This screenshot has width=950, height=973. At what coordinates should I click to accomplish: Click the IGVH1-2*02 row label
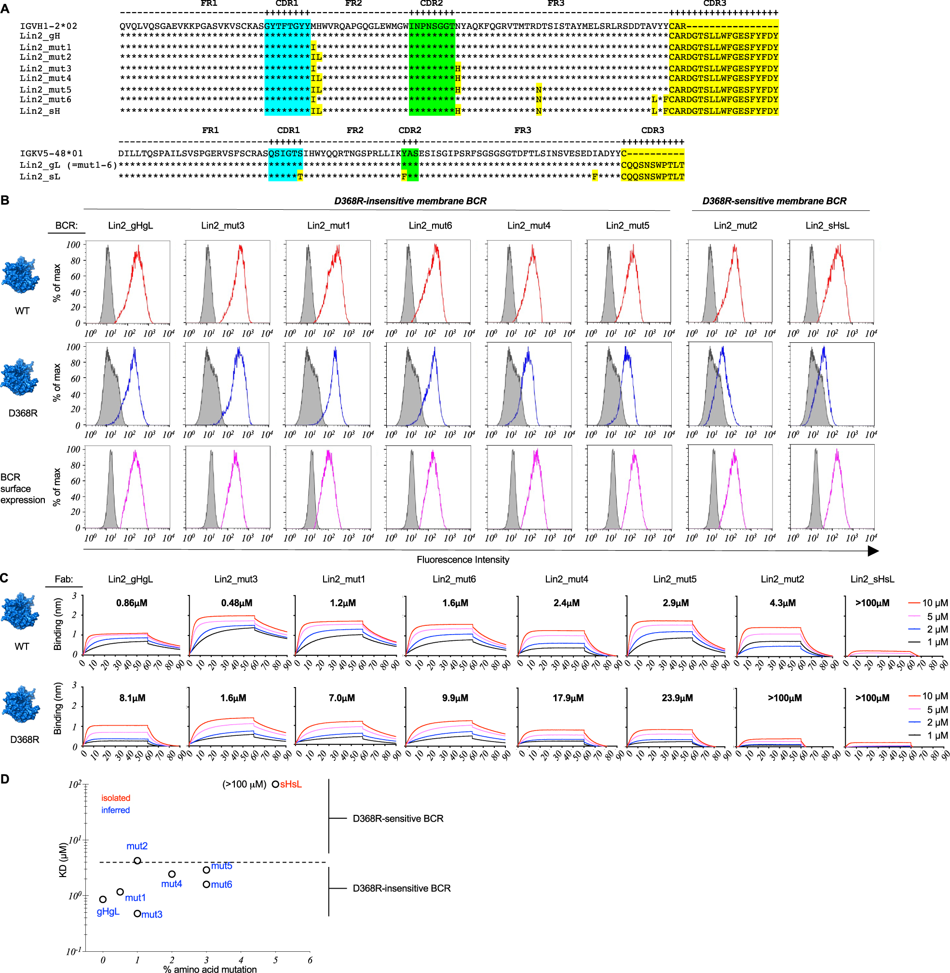(x=48, y=26)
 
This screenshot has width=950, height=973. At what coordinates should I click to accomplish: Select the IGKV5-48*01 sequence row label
(x=51, y=153)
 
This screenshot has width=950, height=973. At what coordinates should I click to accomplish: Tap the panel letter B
(x=5, y=200)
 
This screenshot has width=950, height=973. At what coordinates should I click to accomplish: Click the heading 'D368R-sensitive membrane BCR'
(x=774, y=201)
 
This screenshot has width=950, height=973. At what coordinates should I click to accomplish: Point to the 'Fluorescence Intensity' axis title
(x=462, y=560)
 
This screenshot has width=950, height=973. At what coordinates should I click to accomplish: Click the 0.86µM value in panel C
(x=132, y=603)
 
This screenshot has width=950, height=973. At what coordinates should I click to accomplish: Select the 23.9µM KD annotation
(x=677, y=698)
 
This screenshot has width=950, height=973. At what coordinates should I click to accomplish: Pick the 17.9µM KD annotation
(x=568, y=698)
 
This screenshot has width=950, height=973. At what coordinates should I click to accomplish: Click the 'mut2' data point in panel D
(x=137, y=861)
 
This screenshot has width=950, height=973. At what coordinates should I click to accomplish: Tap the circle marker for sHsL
(x=275, y=784)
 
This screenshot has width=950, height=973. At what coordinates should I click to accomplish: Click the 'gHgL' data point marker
(x=103, y=899)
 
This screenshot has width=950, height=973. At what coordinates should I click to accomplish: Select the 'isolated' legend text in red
(x=116, y=798)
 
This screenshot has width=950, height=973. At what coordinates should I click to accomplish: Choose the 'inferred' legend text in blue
(x=115, y=810)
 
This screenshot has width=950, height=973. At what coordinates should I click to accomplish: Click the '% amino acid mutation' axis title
(x=210, y=969)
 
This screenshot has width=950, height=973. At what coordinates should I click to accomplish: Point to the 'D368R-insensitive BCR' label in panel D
(x=401, y=888)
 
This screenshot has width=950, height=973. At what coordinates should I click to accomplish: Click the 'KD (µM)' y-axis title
(x=63, y=859)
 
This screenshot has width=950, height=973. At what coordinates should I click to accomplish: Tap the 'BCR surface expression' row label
(x=23, y=488)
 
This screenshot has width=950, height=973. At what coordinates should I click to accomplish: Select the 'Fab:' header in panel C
(x=64, y=579)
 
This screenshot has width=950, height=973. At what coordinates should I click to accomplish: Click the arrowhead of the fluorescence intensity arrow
(x=873, y=550)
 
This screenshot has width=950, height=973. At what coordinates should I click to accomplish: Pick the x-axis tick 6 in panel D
(x=310, y=959)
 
